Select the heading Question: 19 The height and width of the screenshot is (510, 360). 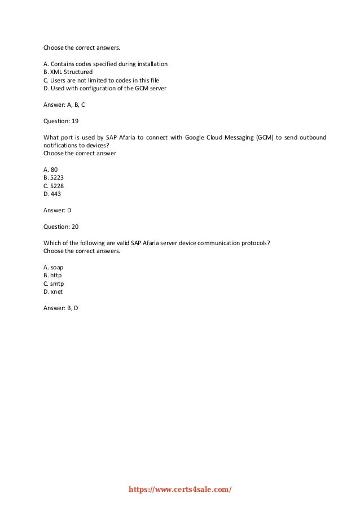click(x=61, y=120)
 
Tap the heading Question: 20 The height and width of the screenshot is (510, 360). click(x=61, y=226)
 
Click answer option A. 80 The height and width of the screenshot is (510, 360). click(x=50, y=169)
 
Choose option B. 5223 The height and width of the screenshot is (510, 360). click(x=54, y=177)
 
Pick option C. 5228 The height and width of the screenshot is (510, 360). click(x=54, y=186)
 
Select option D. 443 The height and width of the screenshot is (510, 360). click(x=52, y=194)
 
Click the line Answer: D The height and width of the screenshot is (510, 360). click(x=58, y=210)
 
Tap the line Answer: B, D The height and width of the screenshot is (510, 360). click(x=61, y=308)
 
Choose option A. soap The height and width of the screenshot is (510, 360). click(x=53, y=267)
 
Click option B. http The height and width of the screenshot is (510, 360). click(x=52, y=276)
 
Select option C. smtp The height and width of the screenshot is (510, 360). click(x=53, y=284)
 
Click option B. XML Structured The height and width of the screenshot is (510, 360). click(x=68, y=72)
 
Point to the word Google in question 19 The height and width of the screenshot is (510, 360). click(x=195, y=137)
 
